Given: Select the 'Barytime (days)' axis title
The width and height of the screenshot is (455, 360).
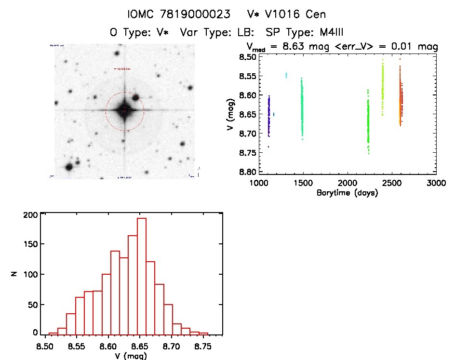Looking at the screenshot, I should coord(347,193).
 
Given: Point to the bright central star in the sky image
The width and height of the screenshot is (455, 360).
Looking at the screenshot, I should coord(124,110).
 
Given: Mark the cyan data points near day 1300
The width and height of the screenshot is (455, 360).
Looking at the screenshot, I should coord(286,75).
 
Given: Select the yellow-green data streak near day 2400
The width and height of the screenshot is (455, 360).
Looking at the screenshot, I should coord(383,84).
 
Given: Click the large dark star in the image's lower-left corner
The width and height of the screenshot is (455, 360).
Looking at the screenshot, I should coord(68,167).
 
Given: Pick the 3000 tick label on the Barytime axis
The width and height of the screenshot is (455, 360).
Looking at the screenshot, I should coord(436,183).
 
